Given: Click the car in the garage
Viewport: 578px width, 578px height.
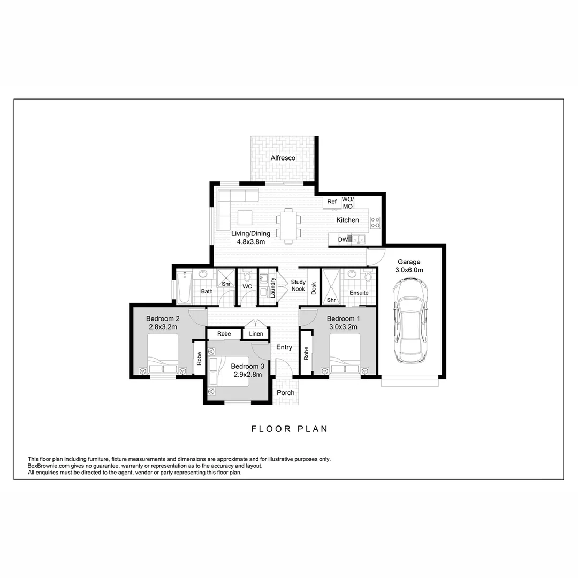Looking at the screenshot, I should [x=410, y=322].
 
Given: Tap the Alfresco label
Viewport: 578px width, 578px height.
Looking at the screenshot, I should [x=283, y=158].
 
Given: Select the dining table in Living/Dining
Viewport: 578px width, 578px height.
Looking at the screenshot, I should [x=288, y=225].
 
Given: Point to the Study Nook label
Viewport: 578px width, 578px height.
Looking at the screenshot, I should [x=298, y=285].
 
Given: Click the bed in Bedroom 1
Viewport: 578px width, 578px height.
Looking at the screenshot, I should [x=345, y=353].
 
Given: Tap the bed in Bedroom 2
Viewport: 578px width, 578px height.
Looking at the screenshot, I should [x=163, y=354].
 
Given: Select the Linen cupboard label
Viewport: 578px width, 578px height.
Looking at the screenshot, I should [x=256, y=334].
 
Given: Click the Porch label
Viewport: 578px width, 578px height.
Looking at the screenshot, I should [x=286, y=392].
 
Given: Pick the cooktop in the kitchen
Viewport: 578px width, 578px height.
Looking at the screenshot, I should [x=375, y=222].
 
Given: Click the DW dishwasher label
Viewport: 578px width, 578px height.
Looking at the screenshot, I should [x=343, y=239].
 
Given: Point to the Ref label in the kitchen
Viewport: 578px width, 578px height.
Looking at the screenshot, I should [x=332, y=202].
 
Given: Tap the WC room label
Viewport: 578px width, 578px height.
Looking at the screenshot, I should [x=247, y=287].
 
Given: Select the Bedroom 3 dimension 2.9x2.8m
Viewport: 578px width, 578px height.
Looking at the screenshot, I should [x=248, y=375].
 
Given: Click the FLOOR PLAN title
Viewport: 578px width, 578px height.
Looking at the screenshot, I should [x=290, y=429].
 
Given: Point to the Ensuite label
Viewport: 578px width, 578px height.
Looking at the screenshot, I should [x=359, y=293].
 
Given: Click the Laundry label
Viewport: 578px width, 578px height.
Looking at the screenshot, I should [x=273, y=287].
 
